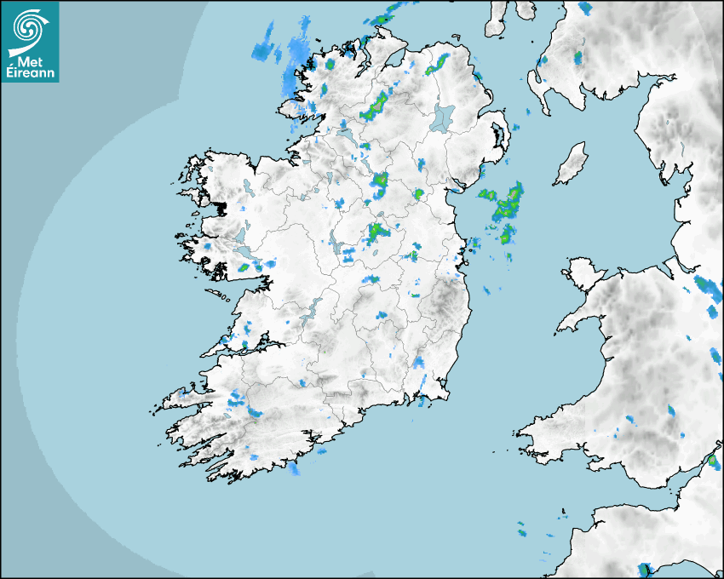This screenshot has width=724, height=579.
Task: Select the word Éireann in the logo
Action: point(30,74)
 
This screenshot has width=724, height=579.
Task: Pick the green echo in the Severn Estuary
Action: point(711,461)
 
